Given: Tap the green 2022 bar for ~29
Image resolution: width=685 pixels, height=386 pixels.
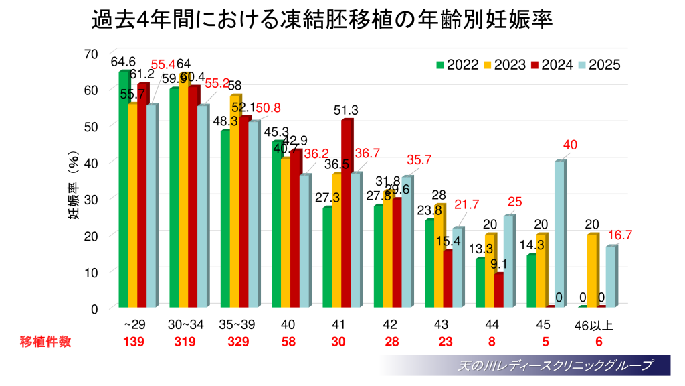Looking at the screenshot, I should pyautogui.click(x=124, y=188).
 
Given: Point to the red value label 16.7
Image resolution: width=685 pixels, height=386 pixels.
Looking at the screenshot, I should pyautogui.click(x=620, y=235).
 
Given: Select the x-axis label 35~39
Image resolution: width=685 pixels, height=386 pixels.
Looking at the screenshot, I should pyautogui.click(x=237, y=325).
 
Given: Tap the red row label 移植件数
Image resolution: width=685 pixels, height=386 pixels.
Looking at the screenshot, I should pyautogui.click(x=45, y=342).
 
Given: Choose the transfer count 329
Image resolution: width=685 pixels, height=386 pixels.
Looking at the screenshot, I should pyautogui.click(x=238, y=342).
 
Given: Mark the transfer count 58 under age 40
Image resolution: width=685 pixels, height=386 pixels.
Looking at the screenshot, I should pyautogui.click(x=288, y=342).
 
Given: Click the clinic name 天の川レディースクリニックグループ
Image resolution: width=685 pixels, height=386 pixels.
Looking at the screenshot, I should pyautogui.click(x=555, y=366).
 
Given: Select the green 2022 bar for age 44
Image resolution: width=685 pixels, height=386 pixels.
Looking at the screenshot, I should pyautogui.click(x=480, y=282).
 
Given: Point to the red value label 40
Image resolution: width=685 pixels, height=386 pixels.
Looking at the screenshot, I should pyautogui.click(x=570, y=145).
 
